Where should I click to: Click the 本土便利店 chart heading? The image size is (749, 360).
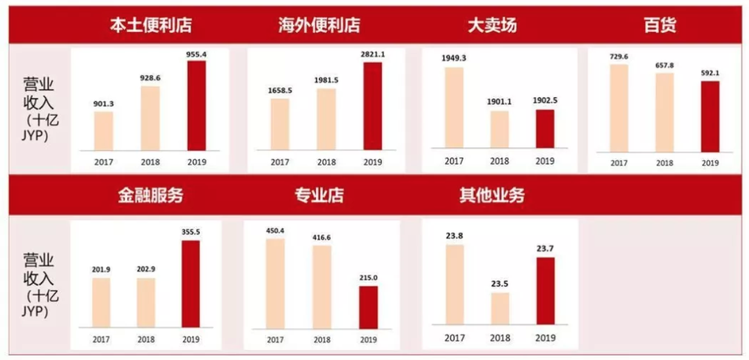coord(151,25)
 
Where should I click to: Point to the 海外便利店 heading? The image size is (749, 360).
coord(320,25)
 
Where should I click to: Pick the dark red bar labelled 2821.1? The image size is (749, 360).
coord(372,105)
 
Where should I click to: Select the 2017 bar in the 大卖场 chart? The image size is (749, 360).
coord(454,107)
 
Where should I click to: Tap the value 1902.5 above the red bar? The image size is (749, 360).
coord(545,101)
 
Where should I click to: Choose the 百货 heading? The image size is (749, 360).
coord(660,25)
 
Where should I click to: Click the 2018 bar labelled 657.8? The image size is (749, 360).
coord(664,112)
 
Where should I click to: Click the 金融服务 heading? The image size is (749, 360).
coord(151,195)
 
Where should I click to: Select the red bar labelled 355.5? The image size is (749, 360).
coord(191,284)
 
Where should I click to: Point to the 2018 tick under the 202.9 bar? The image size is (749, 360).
coord(146,339)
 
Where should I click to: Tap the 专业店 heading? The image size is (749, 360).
coord(319,195)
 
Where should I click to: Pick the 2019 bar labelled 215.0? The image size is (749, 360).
coord(368,307)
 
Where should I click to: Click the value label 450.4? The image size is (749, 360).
coord(275,230)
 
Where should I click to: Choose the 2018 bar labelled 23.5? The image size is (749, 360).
coord(500,309)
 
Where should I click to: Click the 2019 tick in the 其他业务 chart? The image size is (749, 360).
coord(545,338)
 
